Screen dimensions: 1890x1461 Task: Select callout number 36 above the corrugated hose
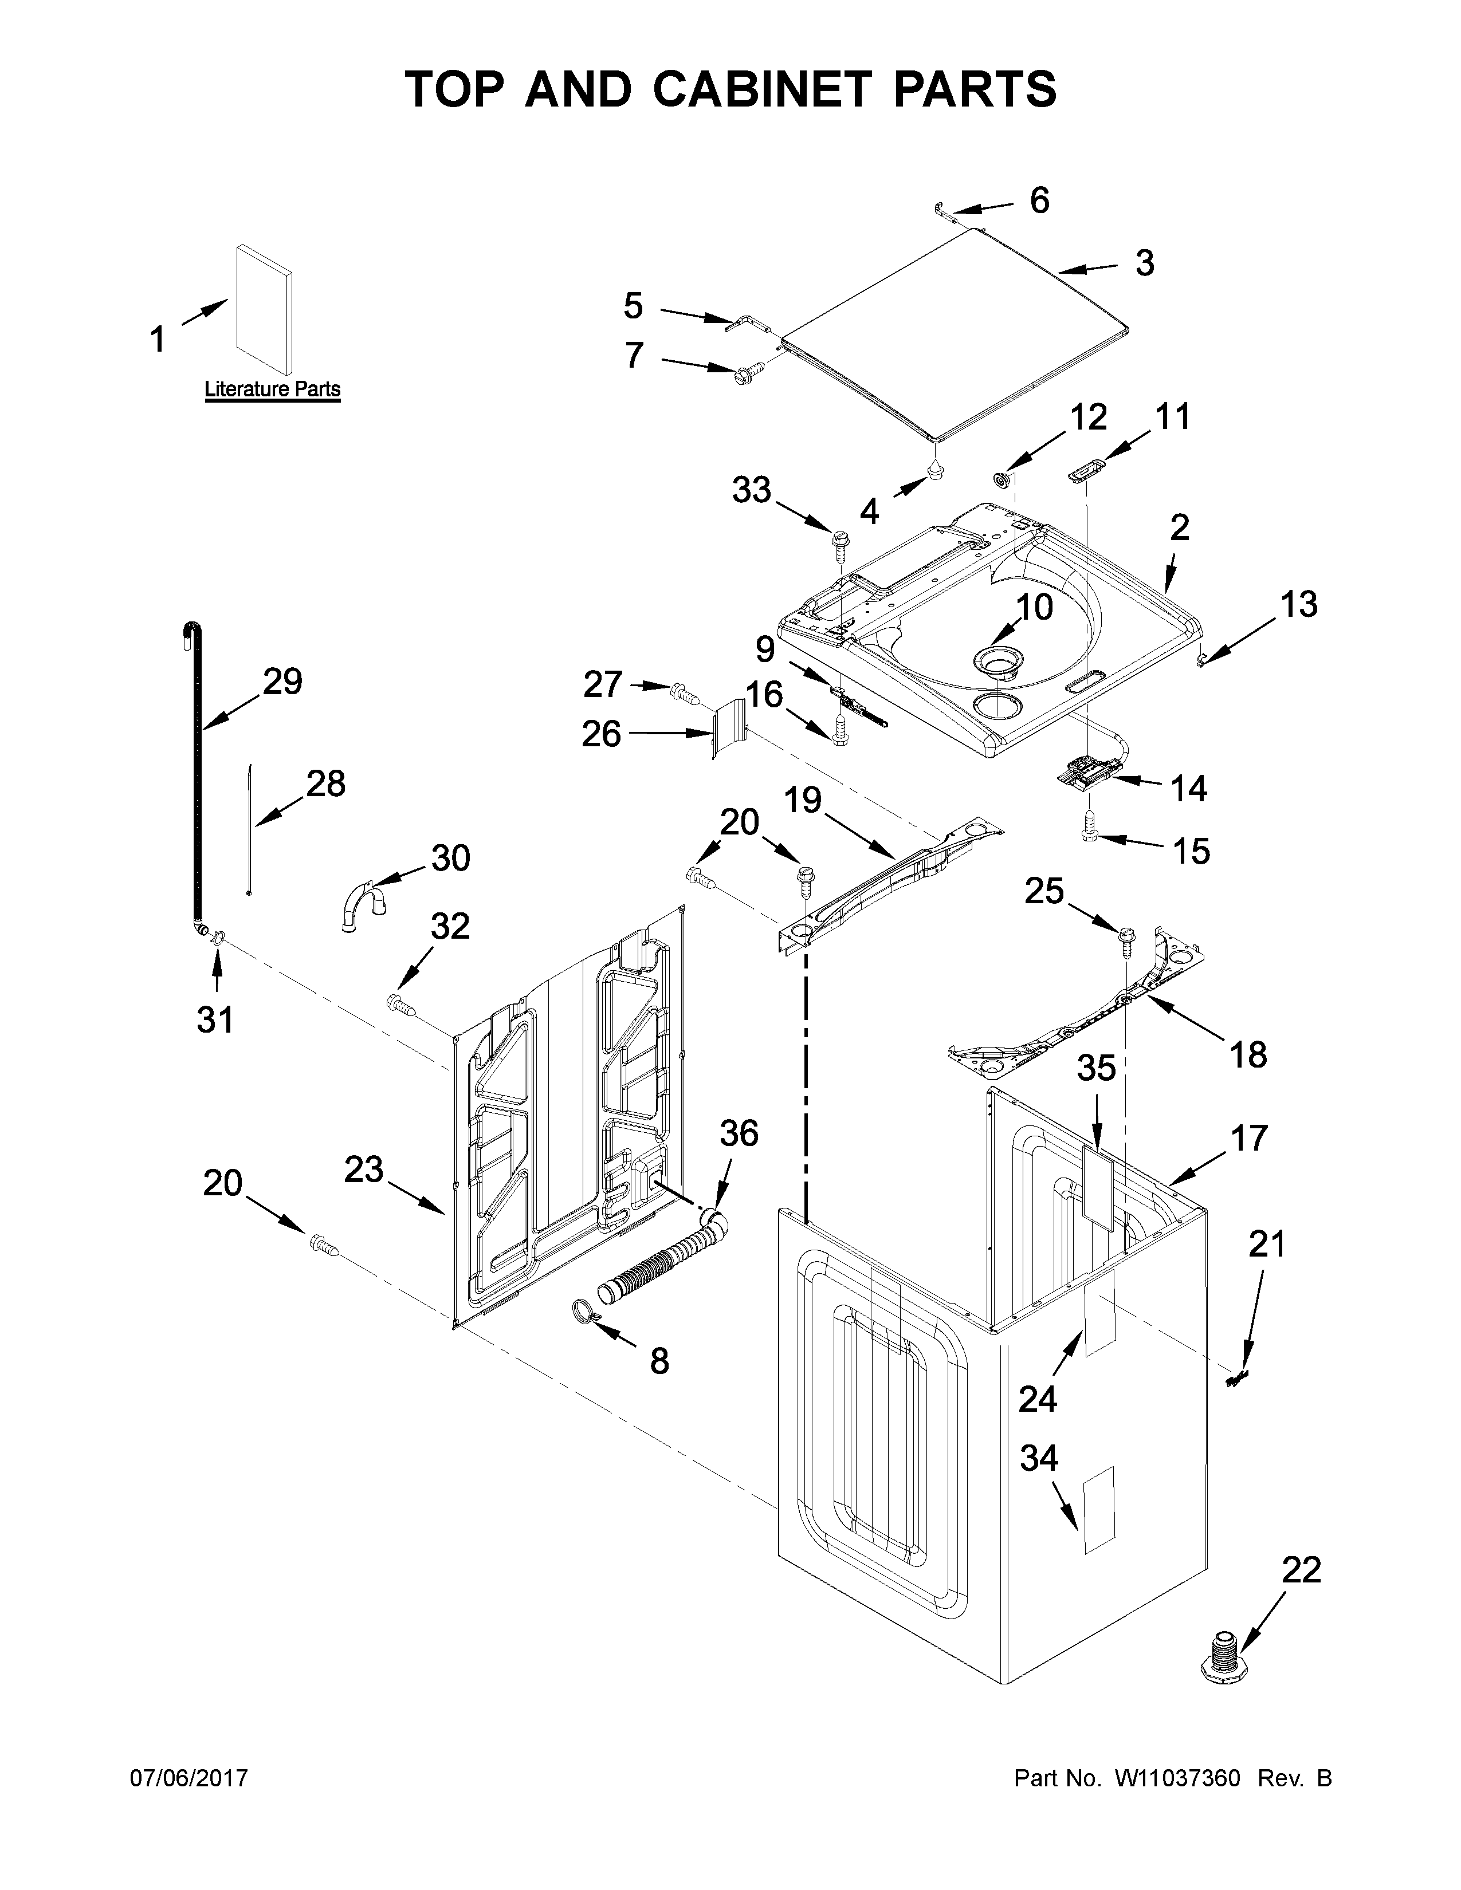(739, 1133)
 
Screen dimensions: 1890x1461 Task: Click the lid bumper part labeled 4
(936, 470)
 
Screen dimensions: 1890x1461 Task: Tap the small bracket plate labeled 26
(726, 729)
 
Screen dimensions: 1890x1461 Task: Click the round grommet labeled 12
(1002, 479)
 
